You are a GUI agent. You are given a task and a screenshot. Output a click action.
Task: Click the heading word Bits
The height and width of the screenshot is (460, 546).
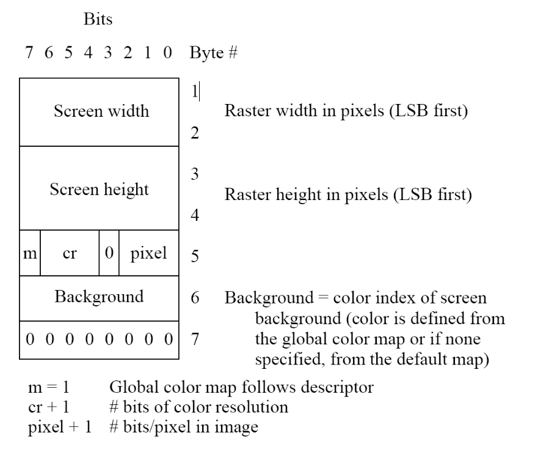[x=98, y=19]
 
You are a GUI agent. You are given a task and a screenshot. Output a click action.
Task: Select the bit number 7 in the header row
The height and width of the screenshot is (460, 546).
[x=29, y=53]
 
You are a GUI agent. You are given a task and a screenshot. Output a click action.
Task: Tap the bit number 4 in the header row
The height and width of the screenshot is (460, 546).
[x=88, y=53]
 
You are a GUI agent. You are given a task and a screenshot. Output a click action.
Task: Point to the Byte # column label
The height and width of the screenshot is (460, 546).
[x=214, y=53]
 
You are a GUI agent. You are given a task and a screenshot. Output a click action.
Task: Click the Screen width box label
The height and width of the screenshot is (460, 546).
[x=101, y=111]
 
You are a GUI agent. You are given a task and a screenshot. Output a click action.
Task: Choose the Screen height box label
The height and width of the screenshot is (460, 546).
[x=99, y=190]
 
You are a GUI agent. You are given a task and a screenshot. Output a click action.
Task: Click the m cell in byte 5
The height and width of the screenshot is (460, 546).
[x=30, y=253]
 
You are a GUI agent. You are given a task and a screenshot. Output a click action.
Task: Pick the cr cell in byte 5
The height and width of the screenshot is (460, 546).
[x=70, y=253]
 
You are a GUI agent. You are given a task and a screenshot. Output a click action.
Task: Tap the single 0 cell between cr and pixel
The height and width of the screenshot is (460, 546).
[x=109, y=253]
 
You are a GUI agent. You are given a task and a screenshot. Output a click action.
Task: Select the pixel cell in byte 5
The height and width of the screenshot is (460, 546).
[x=148, y=253]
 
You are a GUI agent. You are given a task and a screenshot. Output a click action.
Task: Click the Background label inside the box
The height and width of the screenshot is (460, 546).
[x=99, y=297]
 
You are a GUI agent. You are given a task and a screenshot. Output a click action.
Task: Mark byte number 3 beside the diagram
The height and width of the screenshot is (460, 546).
[x=195, y=174]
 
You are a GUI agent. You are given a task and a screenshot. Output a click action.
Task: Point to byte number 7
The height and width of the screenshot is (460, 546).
[x=195, y=339]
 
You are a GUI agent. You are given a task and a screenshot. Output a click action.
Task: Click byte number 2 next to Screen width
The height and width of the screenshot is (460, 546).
[x=195, y=133]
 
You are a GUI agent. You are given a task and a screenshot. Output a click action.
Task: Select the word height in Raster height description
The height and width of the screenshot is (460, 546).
[x=299, y=195]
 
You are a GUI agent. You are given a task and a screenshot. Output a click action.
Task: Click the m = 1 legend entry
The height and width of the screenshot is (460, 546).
[x=49, y=387]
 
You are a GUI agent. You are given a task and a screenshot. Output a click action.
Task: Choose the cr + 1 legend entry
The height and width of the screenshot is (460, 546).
[x=49, y=407]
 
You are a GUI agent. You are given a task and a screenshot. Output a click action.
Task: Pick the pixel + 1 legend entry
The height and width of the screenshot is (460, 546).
[x=60, y=427]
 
